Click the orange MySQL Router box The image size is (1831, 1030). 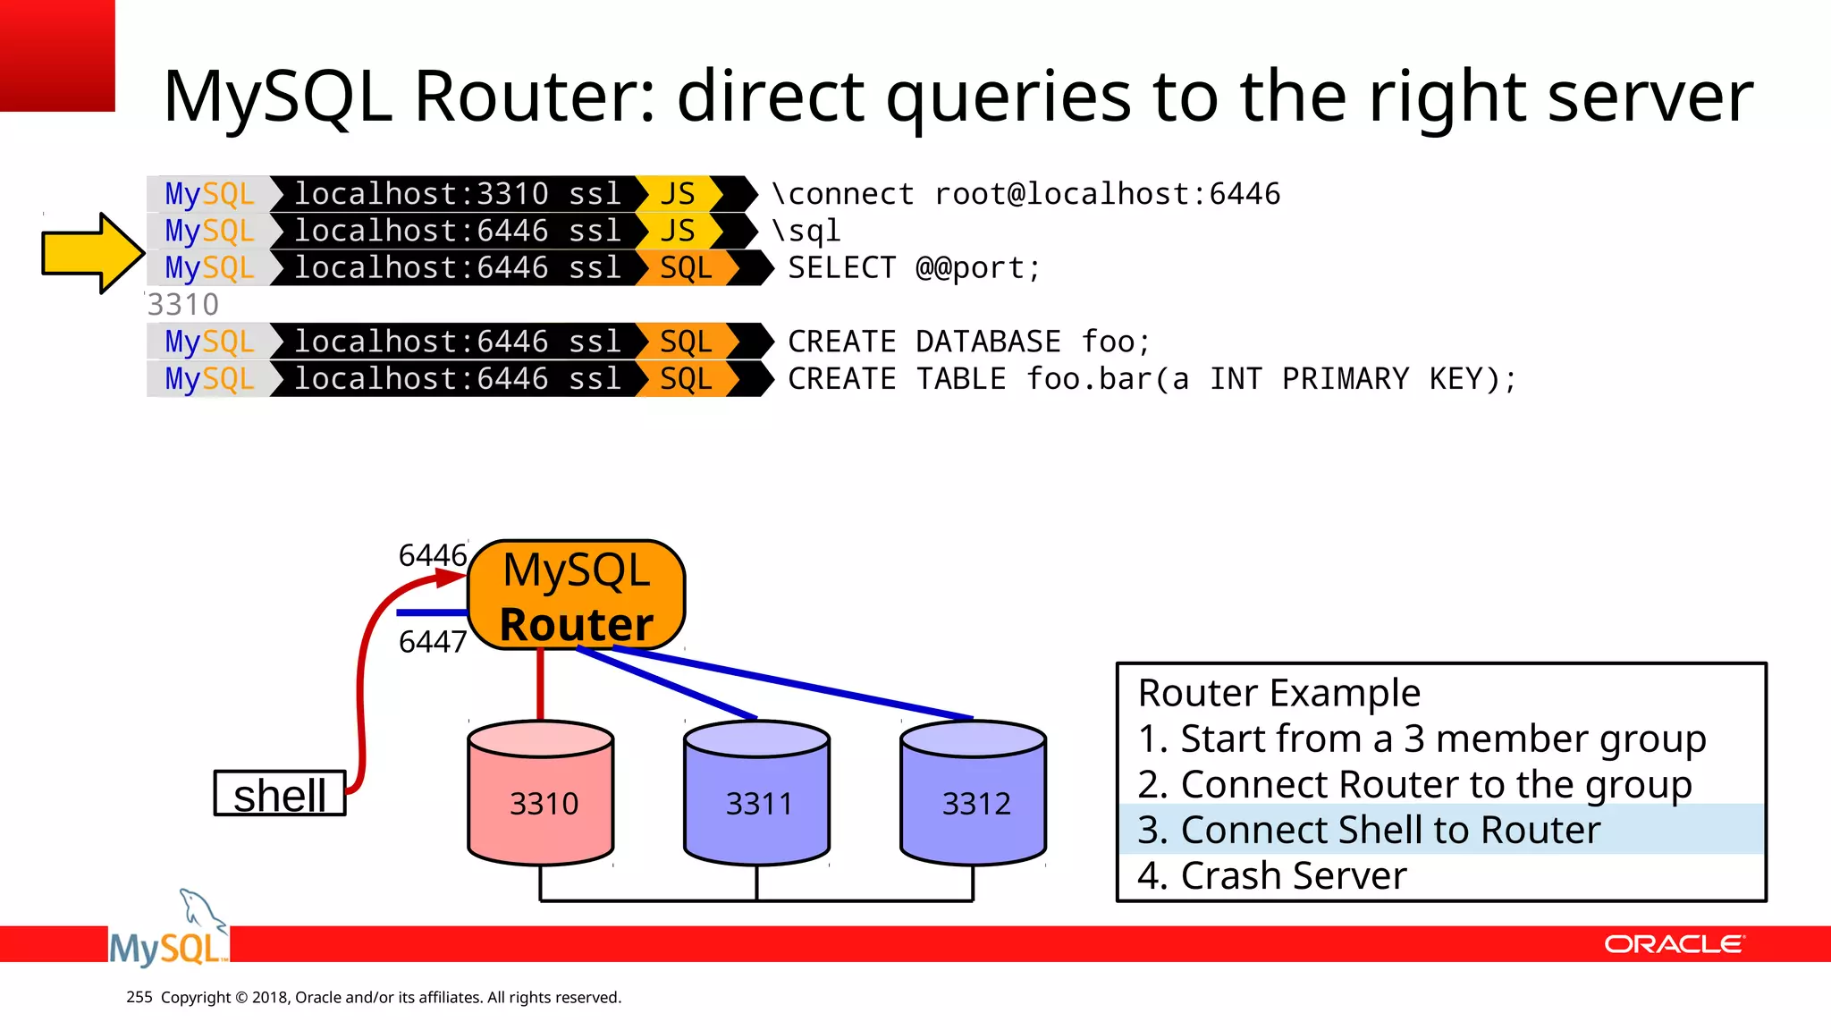tap(577, 595)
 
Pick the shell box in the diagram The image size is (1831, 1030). tap(280, 794)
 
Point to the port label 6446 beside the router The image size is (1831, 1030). tap(433, 555)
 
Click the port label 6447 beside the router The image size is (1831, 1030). tap(433, 641)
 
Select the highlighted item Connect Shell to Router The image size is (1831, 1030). tap(1369, 830)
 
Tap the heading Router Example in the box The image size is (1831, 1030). tap(1278, 693)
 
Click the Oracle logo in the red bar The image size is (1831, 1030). tap(1674, 944)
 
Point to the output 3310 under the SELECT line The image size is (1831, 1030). tap(183, 305)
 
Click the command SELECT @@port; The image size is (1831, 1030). tap(914, 268)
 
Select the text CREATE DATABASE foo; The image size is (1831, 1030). tap(969, 342)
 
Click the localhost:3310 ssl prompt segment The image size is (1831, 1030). tap(457, 194)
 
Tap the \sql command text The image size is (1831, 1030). tap(806, 231)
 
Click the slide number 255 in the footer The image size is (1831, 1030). tap(139, 997)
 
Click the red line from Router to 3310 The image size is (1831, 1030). tap(540, 685)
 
